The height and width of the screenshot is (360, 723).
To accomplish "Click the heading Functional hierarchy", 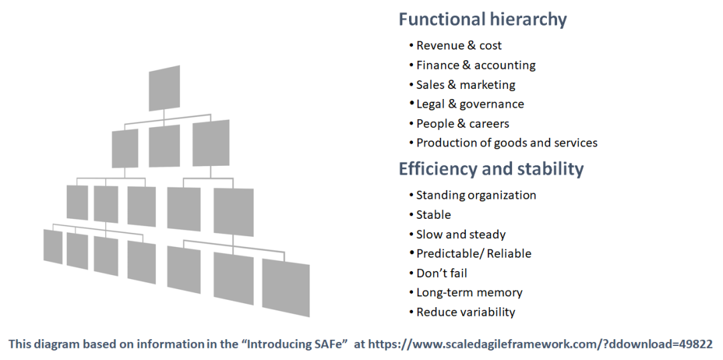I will tap(482, 19).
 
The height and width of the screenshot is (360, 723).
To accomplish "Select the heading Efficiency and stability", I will tap(491, 169).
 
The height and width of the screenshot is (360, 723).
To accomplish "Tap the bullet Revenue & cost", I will tap(459, 46).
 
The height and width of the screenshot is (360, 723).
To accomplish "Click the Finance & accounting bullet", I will tap(475, 66).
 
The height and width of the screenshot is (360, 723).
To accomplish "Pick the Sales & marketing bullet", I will tap(465, 85).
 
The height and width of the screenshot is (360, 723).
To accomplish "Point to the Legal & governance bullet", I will tap(470, 104).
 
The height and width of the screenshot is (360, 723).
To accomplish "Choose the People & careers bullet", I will tap(463, 124).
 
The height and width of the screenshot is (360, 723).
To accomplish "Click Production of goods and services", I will tap(507, 143).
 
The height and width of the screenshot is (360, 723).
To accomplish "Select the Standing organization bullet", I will tap(476, 195).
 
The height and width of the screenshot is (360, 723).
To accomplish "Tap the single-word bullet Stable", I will tap(433, 215).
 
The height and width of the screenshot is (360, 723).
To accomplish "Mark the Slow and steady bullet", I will tap(461, 234).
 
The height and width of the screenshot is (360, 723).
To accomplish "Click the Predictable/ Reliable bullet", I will tap(473, 254).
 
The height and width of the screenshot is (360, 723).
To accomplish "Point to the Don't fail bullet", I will tap(441, 273).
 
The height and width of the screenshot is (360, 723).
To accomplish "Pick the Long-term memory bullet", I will tap(469, 292).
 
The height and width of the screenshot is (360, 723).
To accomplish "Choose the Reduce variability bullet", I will tap(465, 312).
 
